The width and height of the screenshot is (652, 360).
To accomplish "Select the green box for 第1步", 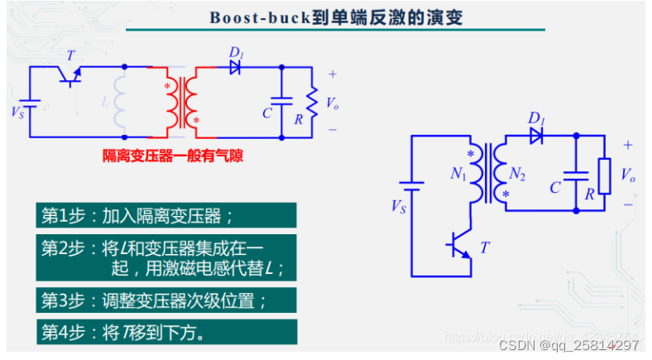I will coord(165,217).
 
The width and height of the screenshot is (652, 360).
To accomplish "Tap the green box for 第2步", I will coord(165,257).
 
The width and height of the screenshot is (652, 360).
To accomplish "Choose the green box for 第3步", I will coord(165,299).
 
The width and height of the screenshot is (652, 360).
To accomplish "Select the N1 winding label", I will coord(458,174).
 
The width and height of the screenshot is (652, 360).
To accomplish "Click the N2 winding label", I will coord(518,174).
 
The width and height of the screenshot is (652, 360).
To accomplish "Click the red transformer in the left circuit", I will coord(182,101).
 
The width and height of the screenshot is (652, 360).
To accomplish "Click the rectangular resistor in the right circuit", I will coord(605,175).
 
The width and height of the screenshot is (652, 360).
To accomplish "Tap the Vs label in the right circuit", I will coord(398,204).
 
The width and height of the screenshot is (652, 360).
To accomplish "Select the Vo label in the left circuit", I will coord(333,103).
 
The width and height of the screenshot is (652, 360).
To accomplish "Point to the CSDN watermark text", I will coord(571,345).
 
